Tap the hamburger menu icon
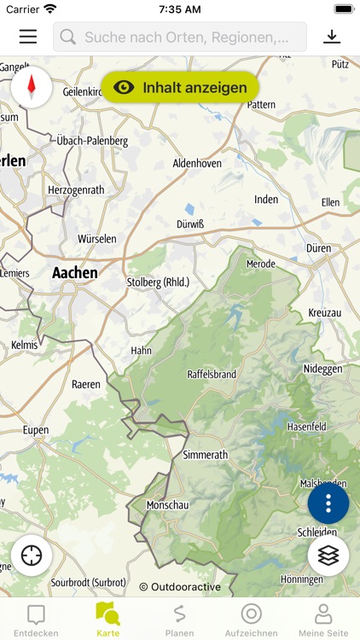click(28, 37)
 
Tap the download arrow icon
click(332, 37)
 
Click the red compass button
click(32, 87)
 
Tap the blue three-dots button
click(328, 503)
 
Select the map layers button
click(328, 555)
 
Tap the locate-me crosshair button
click(32, 555)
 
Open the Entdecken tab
click(36, 619)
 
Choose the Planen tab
click(179, 619)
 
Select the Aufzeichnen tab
click(251, 619)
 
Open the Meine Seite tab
click(323, 619)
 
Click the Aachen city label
click(75, 273)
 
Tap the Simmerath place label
click(206, 455)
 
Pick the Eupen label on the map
click(36, 431)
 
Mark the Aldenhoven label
click(198, 162)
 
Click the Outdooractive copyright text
click(180, 587)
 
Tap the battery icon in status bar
click(344, 9)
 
